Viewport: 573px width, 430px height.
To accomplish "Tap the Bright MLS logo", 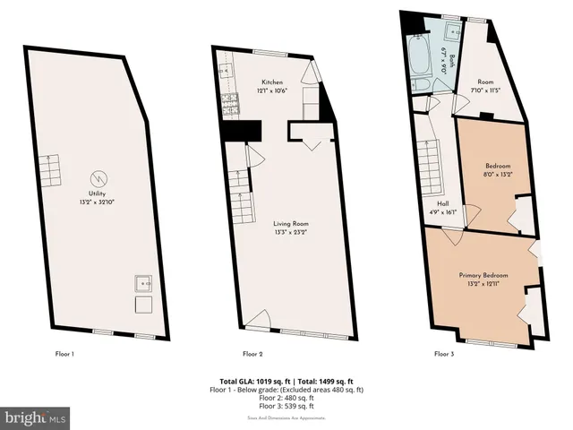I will pos(36,417).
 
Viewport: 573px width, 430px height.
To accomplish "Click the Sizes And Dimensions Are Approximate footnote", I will pos(286,418).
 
